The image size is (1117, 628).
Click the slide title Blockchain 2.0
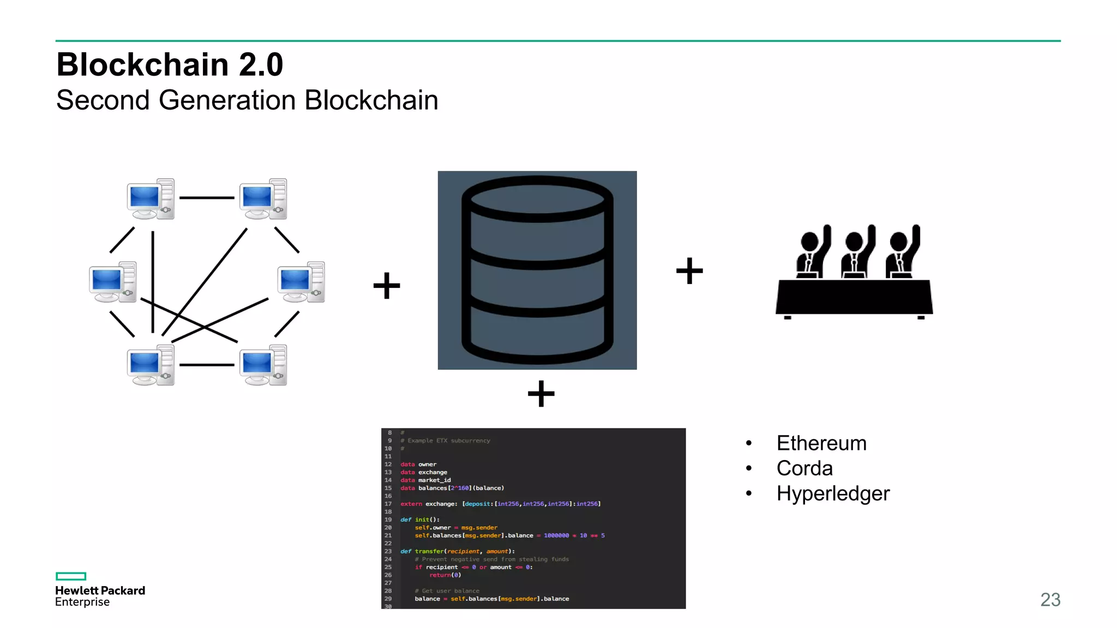170,64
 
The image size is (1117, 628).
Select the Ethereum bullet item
821,443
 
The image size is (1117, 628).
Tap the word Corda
804,468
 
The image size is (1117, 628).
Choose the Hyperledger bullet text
833,493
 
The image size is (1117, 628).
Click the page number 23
1050,600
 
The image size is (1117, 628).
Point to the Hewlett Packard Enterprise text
100,596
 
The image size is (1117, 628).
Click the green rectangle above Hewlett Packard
71,576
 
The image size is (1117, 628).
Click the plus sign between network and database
387,286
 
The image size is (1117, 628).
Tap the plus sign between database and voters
689,271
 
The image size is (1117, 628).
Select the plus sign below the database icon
541,394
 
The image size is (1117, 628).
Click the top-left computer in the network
151,199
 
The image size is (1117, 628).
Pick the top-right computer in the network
263,199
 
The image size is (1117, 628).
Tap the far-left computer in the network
113,282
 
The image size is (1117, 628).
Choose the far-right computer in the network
301,282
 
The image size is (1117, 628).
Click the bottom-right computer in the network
263,365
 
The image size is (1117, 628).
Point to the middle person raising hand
856,253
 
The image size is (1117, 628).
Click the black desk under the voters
854,297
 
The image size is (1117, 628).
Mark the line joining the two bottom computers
207,365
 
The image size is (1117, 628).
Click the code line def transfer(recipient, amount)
457,551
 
